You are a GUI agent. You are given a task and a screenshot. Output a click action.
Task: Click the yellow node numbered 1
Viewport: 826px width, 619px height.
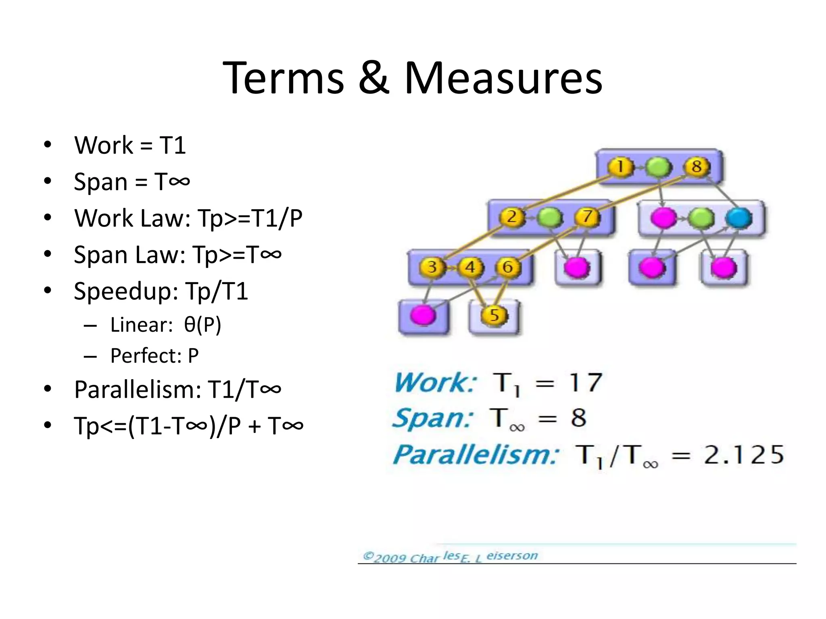click(x=620, y=166)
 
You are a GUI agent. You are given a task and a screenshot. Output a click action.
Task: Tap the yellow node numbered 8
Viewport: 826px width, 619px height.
click(x=696, y=166)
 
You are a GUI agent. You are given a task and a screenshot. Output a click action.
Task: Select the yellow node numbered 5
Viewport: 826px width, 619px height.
click(x=494, y=315)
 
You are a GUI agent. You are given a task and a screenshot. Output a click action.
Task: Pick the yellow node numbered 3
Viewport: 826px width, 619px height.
click(x=432, y=267)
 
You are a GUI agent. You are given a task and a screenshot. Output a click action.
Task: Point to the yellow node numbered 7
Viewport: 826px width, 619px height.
click(x=587, y=217)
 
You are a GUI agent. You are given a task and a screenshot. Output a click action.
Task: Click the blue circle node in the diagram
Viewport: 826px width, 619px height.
click(x=739, y=218)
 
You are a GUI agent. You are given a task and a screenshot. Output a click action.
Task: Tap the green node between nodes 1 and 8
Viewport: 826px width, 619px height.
click(x=659, y=167)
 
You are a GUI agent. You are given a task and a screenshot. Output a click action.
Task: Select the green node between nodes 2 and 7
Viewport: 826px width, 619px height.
click(x=550, y=218)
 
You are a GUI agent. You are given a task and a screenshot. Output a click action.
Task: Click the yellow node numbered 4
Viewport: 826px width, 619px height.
click(x=470, y=267)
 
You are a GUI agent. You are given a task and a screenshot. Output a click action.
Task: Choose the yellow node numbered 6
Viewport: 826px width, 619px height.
click(x=507, y=267)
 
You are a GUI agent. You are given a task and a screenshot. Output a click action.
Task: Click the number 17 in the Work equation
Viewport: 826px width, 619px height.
click(x=585, y=382)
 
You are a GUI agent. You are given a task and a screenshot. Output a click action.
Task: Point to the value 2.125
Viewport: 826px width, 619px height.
click(x=744, y=455)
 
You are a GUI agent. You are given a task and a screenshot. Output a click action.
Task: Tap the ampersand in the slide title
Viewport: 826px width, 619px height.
click(x=374, y=77)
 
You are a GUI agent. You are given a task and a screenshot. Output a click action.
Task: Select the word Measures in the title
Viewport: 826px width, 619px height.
click(x=503, y=77)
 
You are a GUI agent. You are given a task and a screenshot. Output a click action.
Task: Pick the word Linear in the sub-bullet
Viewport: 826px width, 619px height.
click(x=141, y=325)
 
